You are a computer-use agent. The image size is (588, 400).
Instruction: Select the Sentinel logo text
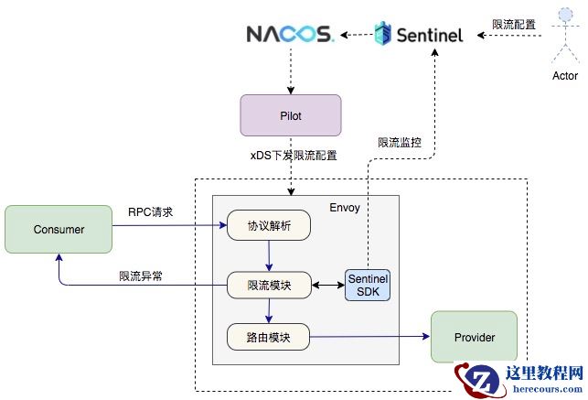pyautogui.click(x=430, y=35)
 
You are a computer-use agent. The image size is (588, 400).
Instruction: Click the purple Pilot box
pyautogui.click(x=291, y=115)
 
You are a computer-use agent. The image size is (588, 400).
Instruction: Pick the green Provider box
pyautogui.click(x=474, y=337)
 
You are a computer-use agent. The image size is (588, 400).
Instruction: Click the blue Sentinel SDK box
pyautogui.click(x=368, y=284)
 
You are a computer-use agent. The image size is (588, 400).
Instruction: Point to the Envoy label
pyautogui.click(x=345, y=208)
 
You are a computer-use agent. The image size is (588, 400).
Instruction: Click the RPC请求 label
pyautogui.click(x=151, y=213)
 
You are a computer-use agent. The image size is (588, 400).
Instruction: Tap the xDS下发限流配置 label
pyautogui.click(x=294, y=156)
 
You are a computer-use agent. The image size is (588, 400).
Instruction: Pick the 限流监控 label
pyautogui.click(x=400, y=142)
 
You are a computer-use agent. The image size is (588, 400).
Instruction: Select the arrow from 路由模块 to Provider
pyautogui.click(x=369, y=337)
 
